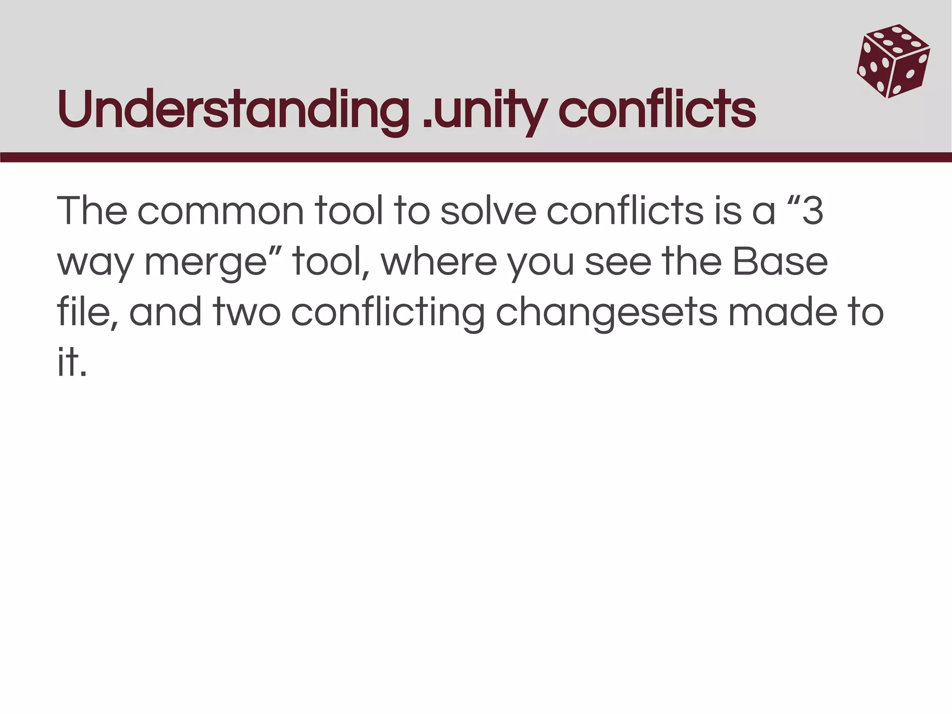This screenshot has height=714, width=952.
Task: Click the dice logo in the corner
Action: pyautogui.click(x=893, y=61)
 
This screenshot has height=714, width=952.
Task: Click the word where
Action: pyautogui.click(x=439, y=262)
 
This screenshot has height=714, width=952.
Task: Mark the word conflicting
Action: pyautogui.click(x=388, y=313)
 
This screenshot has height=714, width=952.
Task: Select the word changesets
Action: pyautogui.click(x=606, y=313)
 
